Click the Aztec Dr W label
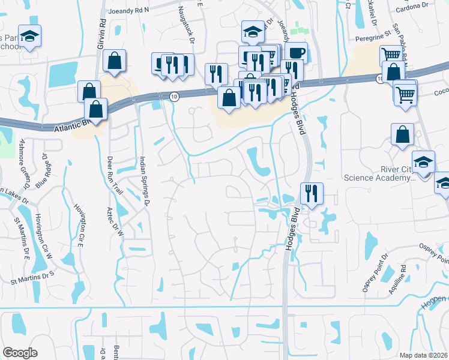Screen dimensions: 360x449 119,219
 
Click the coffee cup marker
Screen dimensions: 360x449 296,52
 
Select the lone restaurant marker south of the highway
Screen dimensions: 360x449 312,193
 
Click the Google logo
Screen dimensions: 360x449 20,353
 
